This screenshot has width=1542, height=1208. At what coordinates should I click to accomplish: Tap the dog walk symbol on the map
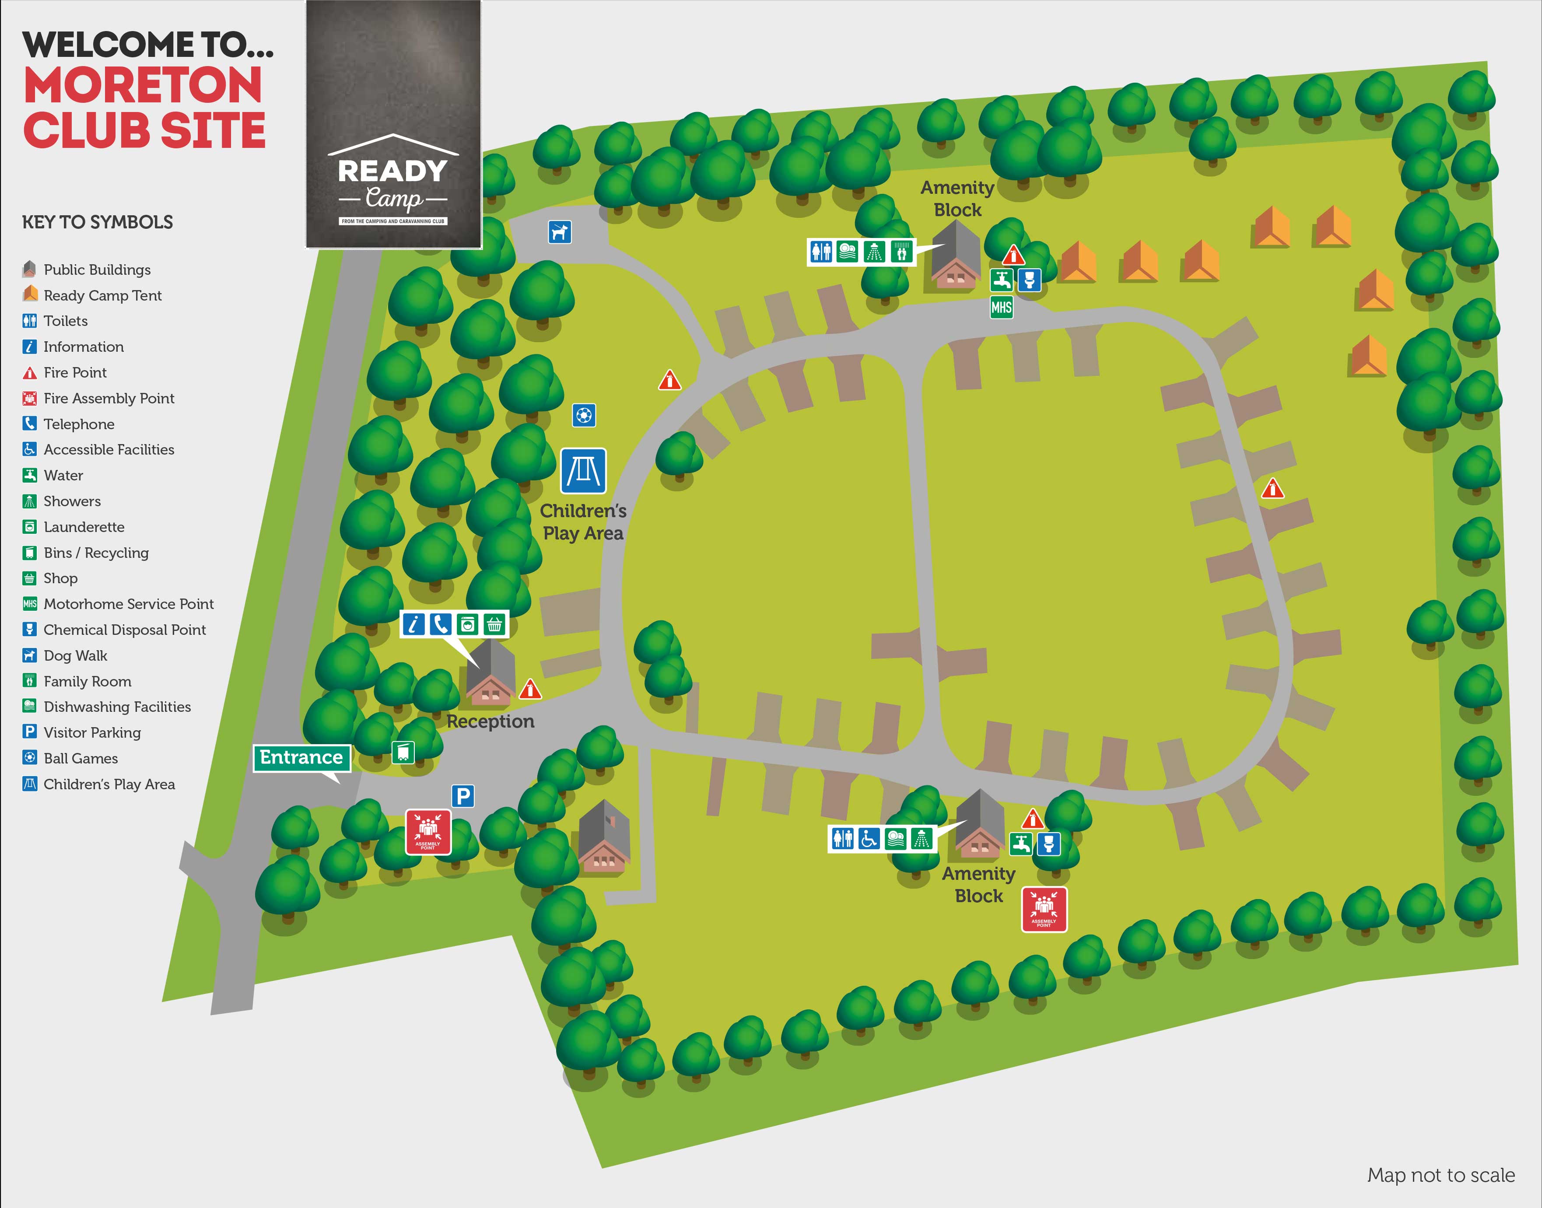[x=560, y=231]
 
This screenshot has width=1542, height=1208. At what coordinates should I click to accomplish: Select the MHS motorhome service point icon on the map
[x=1001, y=307]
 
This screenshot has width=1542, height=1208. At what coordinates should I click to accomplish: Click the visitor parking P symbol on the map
[x=463, y=796]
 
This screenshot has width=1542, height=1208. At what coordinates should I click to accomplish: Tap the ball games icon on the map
[x=584, y=415]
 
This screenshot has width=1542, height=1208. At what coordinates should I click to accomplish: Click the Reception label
[x=490, y=721]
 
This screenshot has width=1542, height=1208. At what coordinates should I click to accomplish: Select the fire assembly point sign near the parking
[x=428, y=832]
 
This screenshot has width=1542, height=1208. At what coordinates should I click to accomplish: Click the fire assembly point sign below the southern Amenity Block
[x=1044, y=910]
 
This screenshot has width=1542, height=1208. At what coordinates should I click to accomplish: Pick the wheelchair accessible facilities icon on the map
[x=869, y=839]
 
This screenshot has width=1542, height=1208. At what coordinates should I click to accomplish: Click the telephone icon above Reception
[x=440, y=624]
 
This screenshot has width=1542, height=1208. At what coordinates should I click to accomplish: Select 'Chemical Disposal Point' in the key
[x=125, y=630]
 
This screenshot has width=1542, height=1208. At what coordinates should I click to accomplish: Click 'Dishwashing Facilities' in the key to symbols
[x=117, y=707]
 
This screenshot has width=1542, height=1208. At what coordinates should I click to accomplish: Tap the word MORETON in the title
[x=143, y=86]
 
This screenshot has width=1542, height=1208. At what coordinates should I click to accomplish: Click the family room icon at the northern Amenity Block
[x=901, y=252]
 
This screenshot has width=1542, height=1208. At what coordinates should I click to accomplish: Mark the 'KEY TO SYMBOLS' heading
[x=98, y=222]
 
